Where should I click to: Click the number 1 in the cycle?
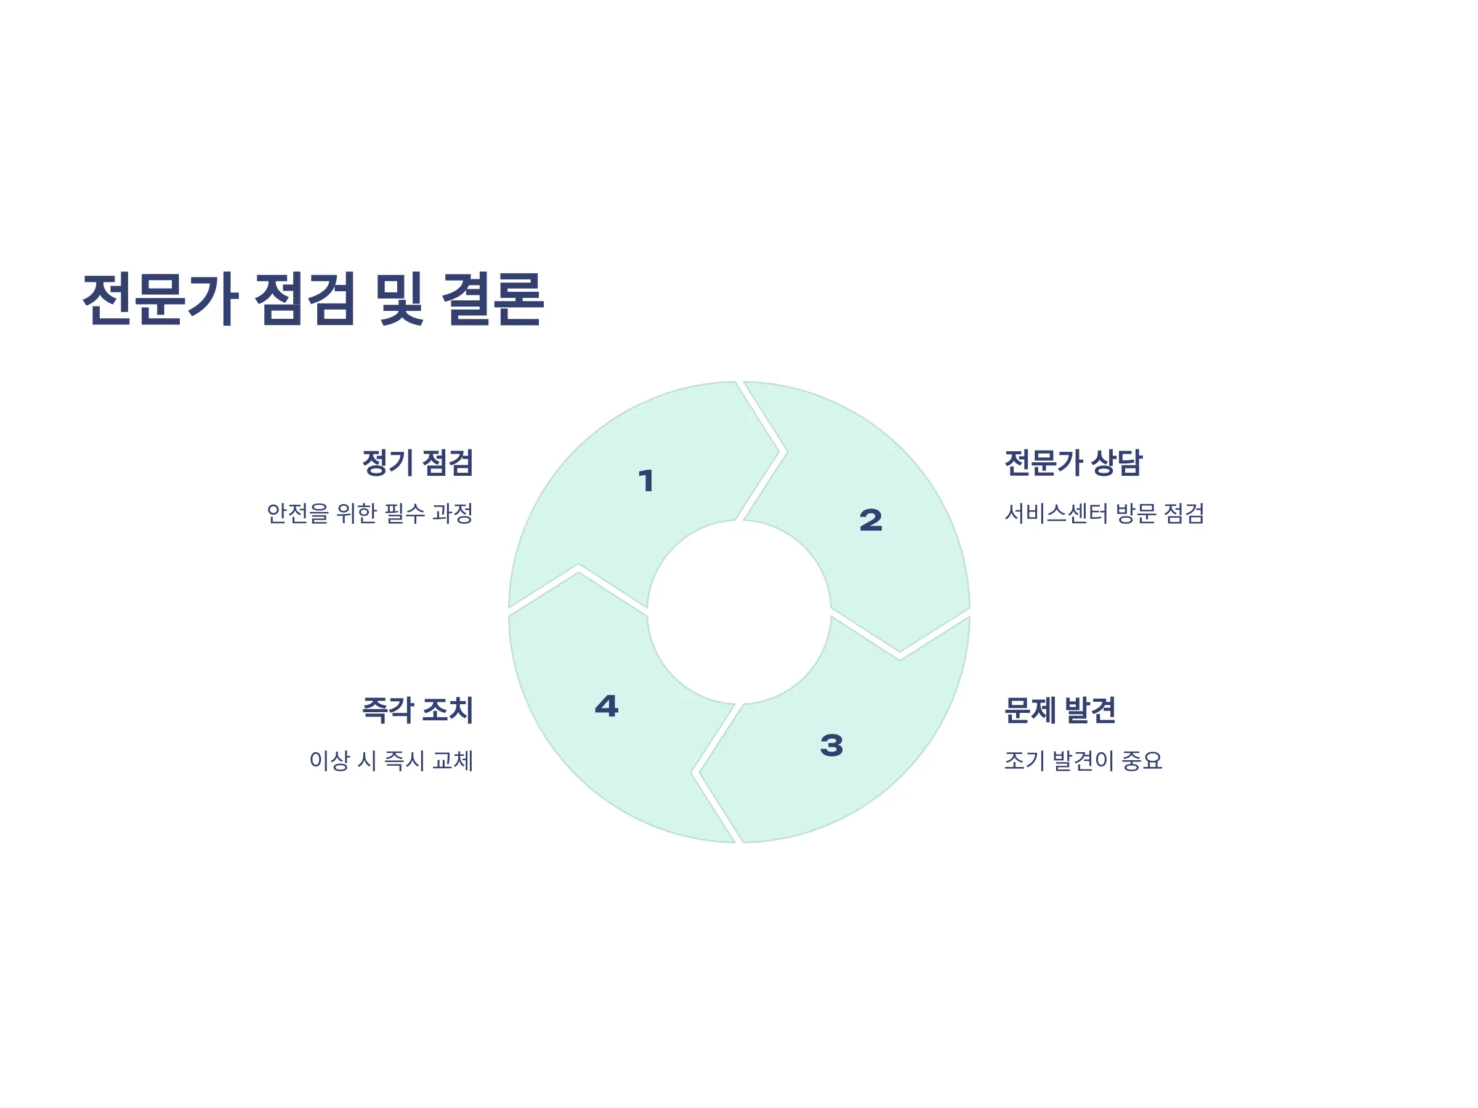(645, 481)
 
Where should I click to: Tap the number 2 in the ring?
(871, 520)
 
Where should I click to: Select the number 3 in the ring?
(831, 745)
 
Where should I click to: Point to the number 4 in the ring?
(607, 706)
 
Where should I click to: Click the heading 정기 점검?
(417, 463)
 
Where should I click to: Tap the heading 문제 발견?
(1060, 710)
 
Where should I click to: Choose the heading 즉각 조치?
(417, 710)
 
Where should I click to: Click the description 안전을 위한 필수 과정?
(369, 513)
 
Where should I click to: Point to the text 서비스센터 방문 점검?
(1104, 513)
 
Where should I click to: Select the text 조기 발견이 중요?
(1083, 761)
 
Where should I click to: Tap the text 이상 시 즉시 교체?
(391, 761)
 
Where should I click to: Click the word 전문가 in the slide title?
(160, 299)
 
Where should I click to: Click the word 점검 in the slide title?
(305, 299)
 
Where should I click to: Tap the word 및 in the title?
(399, 299)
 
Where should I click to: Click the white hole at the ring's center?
(739, 612)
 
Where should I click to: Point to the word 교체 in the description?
(453, 761)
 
